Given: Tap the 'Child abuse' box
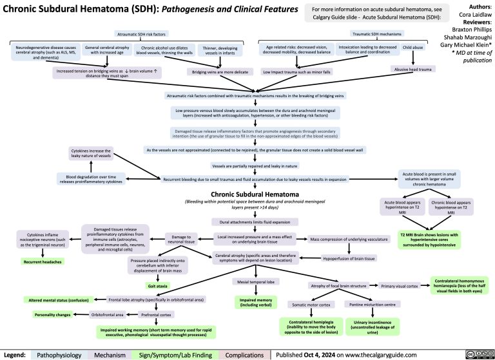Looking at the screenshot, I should pos(413,47).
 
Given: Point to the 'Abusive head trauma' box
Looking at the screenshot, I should pos(414,69).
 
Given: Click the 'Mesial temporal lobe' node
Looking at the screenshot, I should pos(256,283).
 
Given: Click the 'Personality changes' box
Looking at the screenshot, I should pos(52,314).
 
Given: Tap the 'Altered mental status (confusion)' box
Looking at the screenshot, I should pos(57,300).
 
